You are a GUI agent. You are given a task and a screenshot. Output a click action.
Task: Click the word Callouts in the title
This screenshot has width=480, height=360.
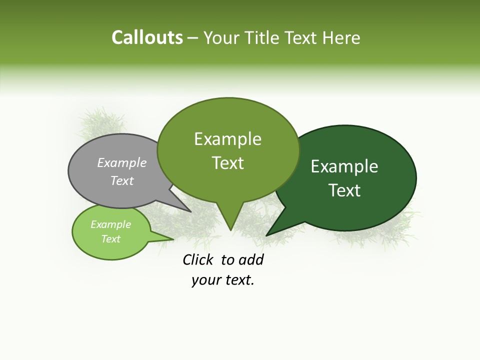coord(147,37)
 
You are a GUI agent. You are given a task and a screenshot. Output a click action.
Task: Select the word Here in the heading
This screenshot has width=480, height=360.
coord(342,37)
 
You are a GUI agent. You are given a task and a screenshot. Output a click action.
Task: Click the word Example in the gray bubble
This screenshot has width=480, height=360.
coord(122,162)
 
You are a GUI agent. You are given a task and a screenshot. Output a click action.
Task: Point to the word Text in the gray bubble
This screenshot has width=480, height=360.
coord(122,180)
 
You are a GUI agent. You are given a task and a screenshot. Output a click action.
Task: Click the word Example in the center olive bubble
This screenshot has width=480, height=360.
coord(227,139)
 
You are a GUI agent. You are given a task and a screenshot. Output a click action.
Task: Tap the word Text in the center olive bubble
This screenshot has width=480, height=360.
coord(228,163)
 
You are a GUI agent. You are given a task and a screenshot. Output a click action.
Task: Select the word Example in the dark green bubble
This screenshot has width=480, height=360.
coord(344,166)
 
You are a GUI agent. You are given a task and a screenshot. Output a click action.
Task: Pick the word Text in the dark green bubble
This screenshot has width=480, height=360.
coord(344,190)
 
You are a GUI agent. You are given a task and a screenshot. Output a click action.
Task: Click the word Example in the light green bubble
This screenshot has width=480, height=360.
coord(111,224)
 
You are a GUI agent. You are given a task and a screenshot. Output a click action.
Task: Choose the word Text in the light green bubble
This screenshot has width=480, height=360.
coord(111,239)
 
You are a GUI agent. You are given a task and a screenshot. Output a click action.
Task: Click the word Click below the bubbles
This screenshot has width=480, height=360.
coord(198,259)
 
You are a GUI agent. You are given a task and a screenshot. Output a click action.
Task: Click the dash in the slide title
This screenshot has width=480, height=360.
coord(193,37)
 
